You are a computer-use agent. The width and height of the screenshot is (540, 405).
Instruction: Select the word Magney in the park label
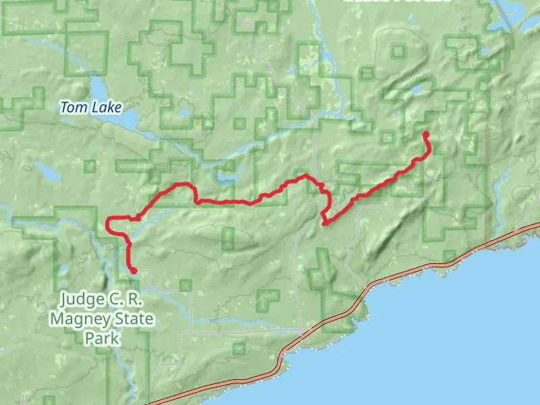point(78,318)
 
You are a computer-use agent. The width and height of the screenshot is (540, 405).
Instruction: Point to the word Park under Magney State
point(102,337)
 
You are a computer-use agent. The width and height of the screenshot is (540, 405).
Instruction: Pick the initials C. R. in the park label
point(128,298)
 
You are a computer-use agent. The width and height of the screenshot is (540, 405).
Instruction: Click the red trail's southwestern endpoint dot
point(134,271)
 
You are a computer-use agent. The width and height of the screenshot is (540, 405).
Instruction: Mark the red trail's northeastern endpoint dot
point(426,134)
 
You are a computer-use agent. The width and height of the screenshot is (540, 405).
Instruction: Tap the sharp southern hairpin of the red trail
point(325,223)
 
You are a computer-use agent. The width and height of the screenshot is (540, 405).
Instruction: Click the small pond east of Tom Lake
point(182,111)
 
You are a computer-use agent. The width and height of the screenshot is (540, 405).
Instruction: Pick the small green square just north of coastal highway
point(449,256)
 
